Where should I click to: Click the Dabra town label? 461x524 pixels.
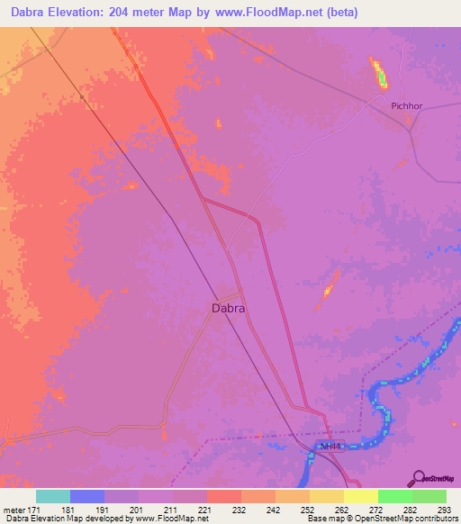(228, 307)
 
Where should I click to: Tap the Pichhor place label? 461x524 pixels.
(407, 105)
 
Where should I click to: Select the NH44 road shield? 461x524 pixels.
(331, 446)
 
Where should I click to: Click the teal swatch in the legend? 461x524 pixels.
(53, 496)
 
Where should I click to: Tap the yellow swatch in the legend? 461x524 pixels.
(360, 496)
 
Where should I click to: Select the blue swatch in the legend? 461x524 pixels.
(87, 496)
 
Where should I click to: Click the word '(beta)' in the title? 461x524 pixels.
(341, 13)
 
